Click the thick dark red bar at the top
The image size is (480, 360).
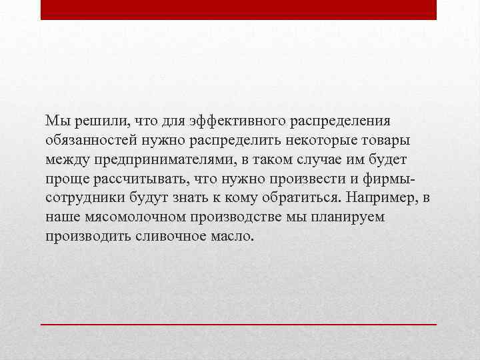pyautogui.click(x=239, y=9)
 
